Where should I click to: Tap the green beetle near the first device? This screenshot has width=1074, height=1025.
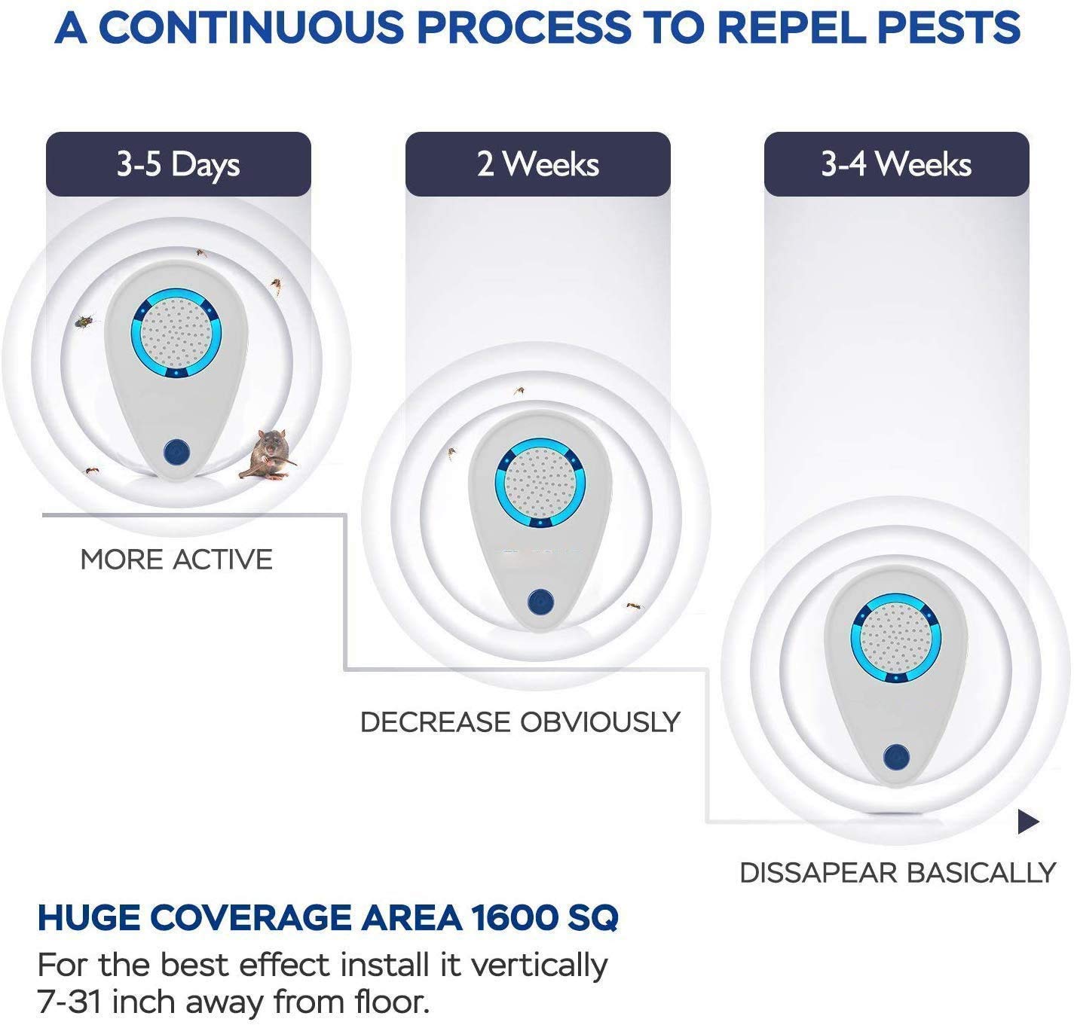[x=84, y=320]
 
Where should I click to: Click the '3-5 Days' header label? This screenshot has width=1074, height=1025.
[x=179, y=164]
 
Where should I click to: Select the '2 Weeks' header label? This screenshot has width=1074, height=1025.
[x=538, y=163]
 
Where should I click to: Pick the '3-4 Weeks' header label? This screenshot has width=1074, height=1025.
[x=896, y=163]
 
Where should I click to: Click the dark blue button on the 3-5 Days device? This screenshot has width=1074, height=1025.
[x=176, y=453]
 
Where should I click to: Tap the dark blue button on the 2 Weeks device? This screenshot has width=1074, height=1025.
[x=540, y=602]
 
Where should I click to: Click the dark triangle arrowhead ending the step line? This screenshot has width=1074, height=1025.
[x=1028, y=822]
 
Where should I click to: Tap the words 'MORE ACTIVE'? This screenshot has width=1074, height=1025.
[x=176, y=559]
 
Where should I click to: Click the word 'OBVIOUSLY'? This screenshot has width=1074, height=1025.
[x=601, y=721]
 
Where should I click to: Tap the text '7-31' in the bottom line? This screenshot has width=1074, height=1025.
[x=70, y=1002]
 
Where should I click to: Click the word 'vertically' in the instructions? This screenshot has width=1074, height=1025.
[x=539, y=966]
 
